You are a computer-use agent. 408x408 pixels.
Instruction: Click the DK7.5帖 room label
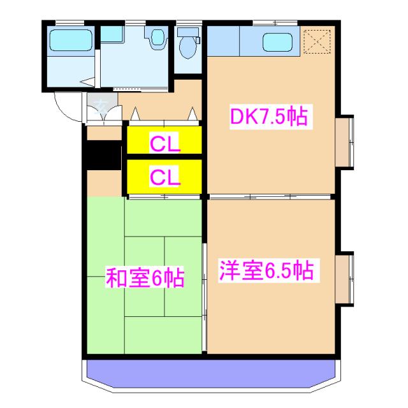(268, 117)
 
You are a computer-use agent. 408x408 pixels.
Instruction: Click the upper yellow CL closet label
(165, 142)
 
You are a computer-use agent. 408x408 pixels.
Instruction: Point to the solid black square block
(103, 156)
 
